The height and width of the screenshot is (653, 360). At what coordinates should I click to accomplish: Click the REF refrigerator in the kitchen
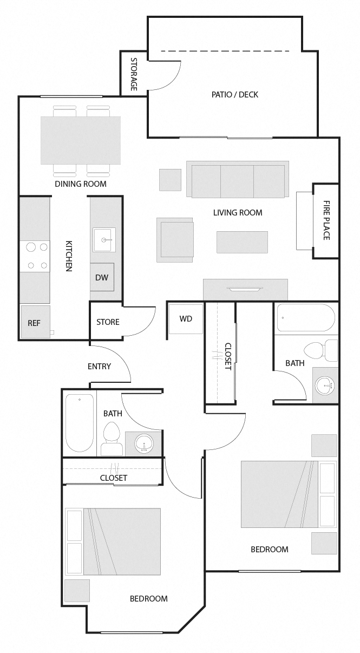coord(35,323)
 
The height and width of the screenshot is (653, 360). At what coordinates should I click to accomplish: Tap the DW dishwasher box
coord(102,277)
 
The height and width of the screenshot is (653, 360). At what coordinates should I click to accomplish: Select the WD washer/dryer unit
coord(186,318)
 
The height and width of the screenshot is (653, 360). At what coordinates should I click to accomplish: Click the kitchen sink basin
coord(104,239)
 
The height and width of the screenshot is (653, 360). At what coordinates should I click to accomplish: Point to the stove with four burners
coord(35,256)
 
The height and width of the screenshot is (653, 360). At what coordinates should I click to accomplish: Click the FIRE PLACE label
coord(326,220)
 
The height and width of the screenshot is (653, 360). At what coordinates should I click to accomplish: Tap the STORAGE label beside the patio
coord(134,74)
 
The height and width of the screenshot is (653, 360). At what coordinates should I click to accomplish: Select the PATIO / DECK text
coord(234,94)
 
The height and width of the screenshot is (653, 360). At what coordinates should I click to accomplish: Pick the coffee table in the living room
coord(242,242)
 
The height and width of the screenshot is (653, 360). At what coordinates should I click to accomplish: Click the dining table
coord(81,140)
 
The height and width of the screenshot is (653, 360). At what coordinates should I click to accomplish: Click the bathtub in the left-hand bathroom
coord(79,423)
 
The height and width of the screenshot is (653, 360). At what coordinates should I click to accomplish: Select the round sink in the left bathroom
coord(144,444)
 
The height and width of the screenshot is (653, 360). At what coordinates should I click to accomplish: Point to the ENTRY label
coord(99,366)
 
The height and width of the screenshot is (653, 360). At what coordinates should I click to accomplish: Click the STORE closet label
coord(108,322)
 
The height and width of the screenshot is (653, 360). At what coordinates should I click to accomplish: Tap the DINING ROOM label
coord(80,184)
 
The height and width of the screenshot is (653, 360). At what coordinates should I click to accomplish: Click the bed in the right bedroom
coord(279,494)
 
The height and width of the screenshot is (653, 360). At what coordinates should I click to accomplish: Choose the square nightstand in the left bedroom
coord(77,591)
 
